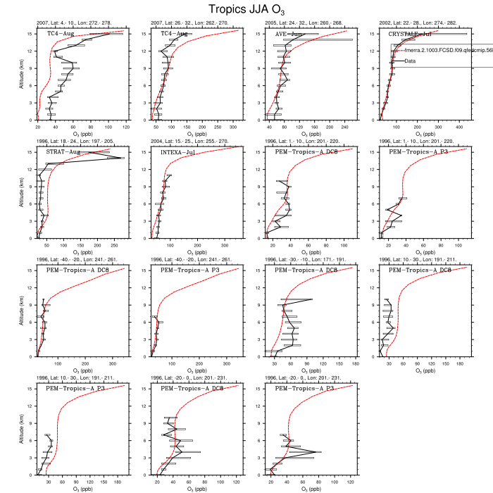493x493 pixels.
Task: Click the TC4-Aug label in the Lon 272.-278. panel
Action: (x=61, y=34)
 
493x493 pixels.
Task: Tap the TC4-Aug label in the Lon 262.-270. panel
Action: (x=175, y=34)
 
